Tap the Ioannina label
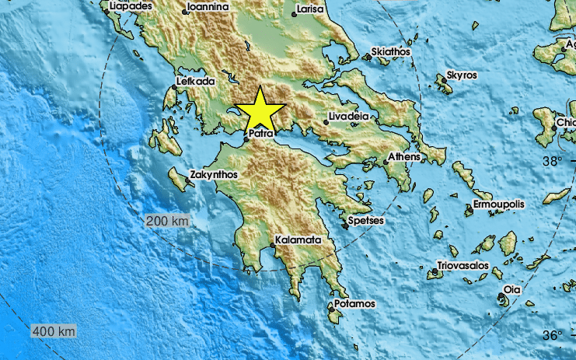coord(207,7)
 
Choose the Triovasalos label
coord(463,266)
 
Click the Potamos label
coord(354,303)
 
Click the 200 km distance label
coord(167,222)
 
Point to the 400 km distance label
coord(54,332)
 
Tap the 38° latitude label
coord(552,162)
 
